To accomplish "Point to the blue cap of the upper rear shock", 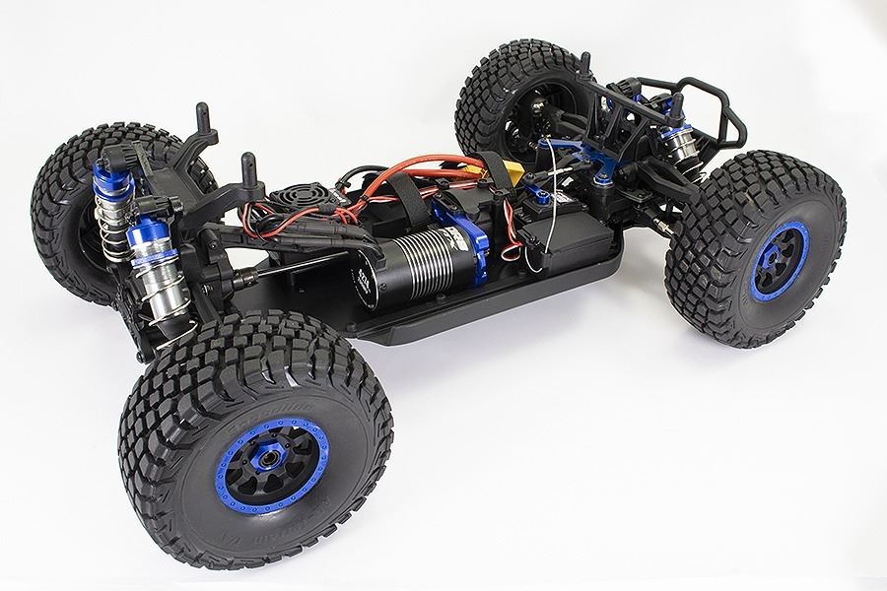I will [105, 178].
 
